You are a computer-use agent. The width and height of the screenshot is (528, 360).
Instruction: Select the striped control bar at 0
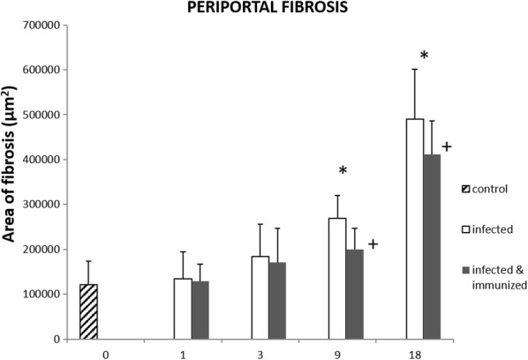pos(89,311)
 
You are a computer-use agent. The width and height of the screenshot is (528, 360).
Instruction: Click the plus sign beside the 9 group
pos(373,243)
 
